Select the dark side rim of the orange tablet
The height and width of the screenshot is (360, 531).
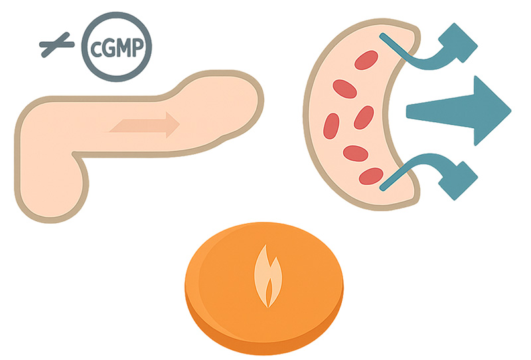[x=265, y=339]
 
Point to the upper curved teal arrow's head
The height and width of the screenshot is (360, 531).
[x=463, y=41]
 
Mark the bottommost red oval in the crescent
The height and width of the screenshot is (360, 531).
[x=370, y=176]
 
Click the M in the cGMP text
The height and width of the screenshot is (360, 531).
[x=123, y=48]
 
